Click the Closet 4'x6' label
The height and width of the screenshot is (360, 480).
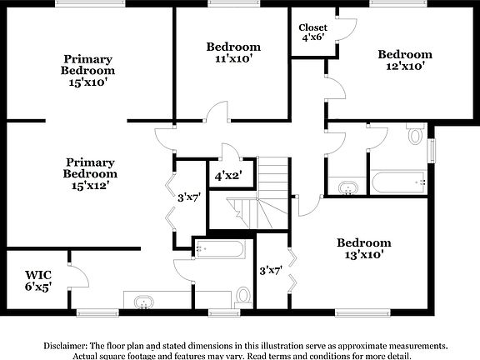(312, 32)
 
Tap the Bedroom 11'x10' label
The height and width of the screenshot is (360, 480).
(233, 52)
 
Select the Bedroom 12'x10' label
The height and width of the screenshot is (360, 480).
(405, 60)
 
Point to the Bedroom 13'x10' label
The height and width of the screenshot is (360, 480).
(363, 248)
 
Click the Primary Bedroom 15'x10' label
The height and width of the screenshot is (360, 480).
(87, 72)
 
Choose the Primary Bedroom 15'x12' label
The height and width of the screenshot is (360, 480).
(90, 174)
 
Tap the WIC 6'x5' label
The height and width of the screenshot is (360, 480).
(38, 280)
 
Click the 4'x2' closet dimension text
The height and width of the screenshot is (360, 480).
(227, 177)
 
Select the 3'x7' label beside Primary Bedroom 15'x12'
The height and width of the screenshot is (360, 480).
(190, 197)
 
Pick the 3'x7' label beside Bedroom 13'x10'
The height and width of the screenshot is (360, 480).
(271, 270)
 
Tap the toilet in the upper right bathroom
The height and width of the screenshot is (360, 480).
(415, 133)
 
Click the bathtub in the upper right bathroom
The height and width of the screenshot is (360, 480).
(399, 182)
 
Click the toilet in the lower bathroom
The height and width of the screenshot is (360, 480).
(243, 295)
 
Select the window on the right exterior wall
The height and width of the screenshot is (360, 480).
(432, 150)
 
